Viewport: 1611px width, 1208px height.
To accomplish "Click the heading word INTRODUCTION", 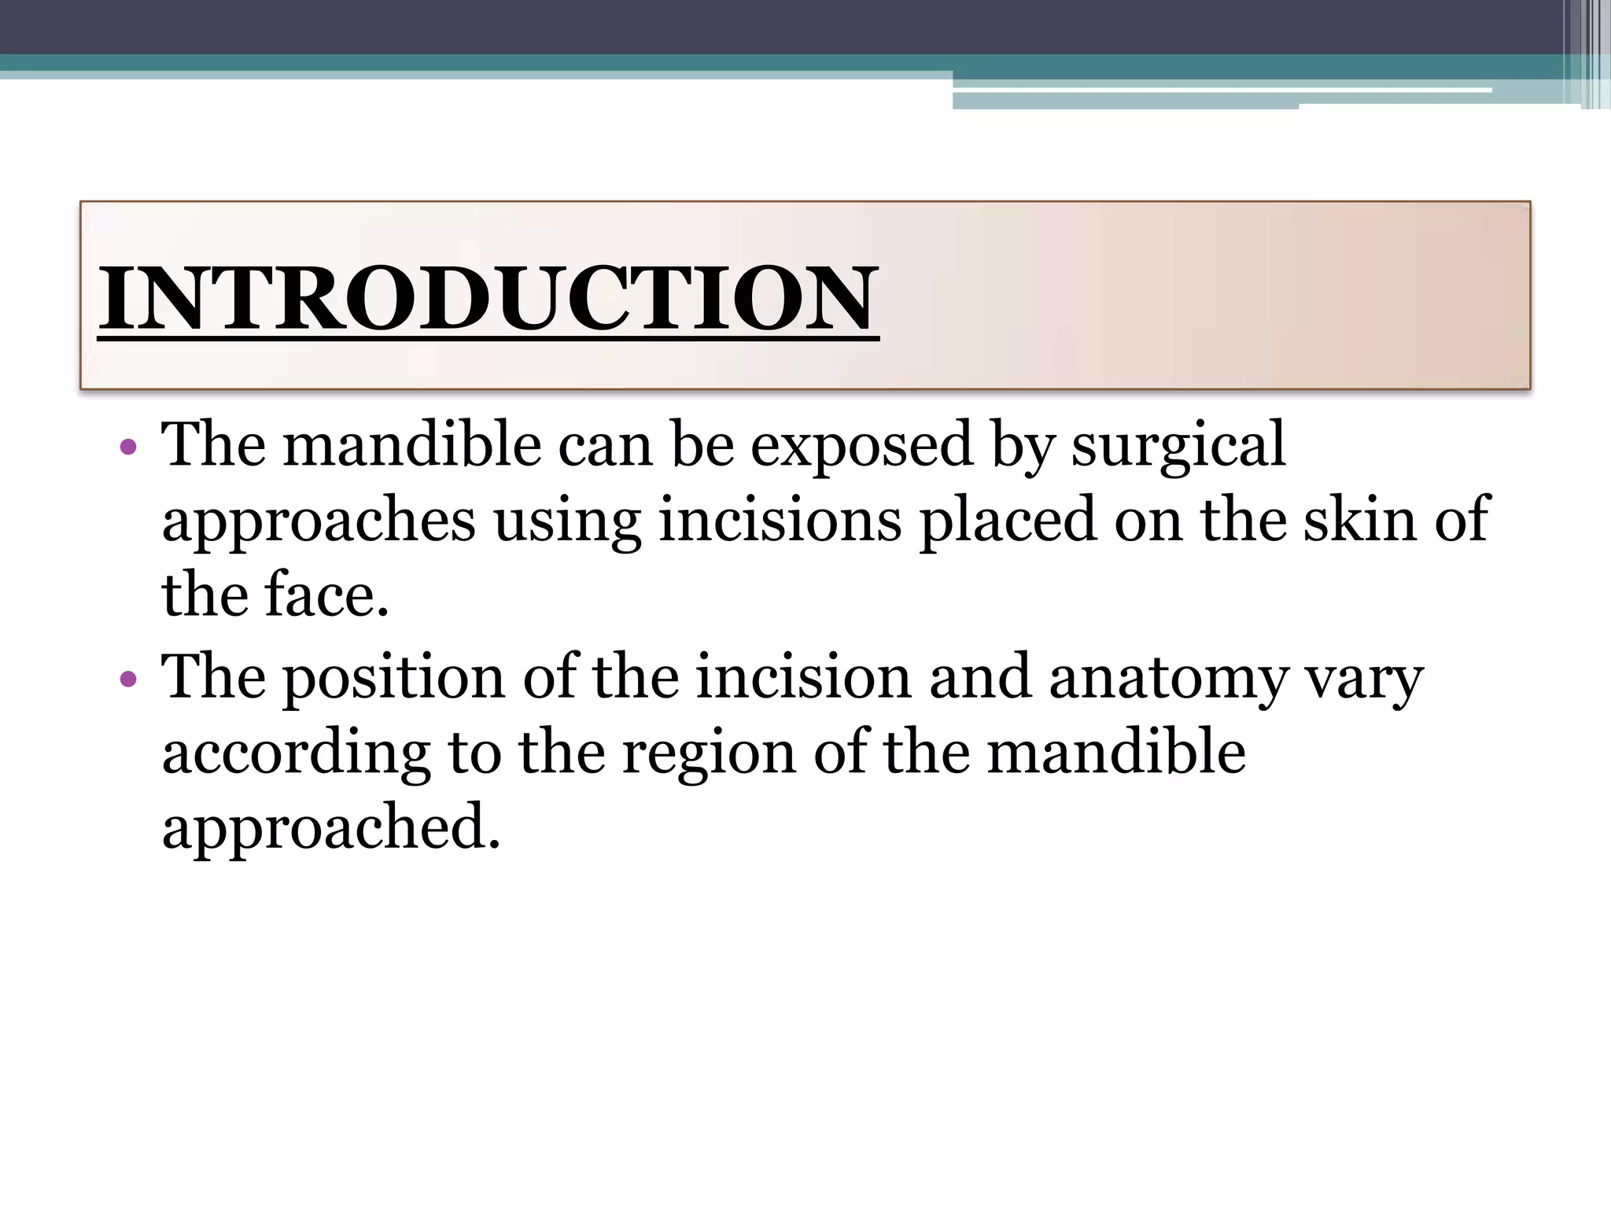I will point(488,299).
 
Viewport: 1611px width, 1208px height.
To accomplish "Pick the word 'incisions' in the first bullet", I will point(780,521).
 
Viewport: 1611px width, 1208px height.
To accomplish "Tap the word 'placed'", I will point(1008,521).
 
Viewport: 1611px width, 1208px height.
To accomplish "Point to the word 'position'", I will point(393,678).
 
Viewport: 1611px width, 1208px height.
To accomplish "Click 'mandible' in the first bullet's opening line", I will point(412,445).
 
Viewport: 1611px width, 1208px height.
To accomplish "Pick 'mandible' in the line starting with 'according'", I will point(1116,752).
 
